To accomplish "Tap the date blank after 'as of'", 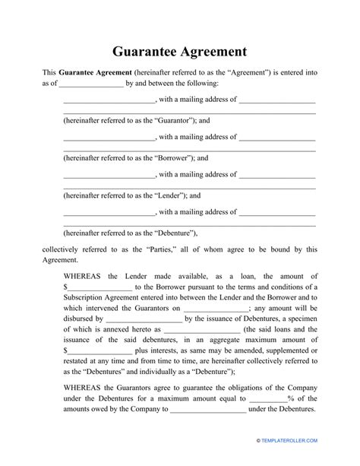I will pyautogui.click(x=91, y=83).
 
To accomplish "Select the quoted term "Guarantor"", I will pyautogui.click(x=173, y=119).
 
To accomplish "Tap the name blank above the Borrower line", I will pyautogui.click(x=109, y=138).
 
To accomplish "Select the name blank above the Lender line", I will pyautogui.click(x=109, y=176).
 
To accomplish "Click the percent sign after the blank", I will pyautogui.click(x=290, y=398).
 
